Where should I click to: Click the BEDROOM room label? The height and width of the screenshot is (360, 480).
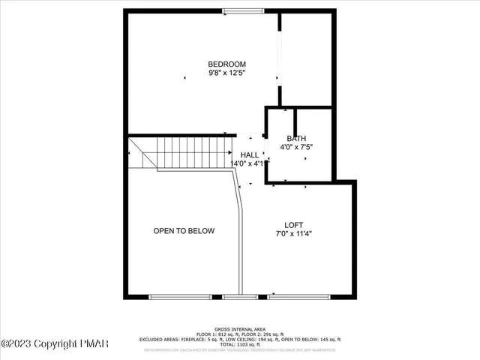click(x=226, y=64)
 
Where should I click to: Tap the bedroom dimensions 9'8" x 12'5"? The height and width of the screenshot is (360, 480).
click(x=226, y=73)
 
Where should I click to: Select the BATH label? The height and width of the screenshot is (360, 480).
click(x=296, y=138)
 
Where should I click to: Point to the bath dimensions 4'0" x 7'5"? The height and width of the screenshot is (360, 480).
click(x=296, y=147)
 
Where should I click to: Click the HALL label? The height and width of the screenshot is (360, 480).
click(x=250, y=154)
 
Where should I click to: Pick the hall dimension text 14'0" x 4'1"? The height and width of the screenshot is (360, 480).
click(x=250, y=163)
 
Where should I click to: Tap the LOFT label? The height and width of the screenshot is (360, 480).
click(x=293, y=224)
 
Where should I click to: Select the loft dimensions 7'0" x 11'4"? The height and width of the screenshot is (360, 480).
click(x=293, y=233)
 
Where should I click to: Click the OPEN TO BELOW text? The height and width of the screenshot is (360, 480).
click(x=184, y=231)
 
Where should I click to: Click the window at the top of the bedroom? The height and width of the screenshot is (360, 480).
click(x=242, y=10)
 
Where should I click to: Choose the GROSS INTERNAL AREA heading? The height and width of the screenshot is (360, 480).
click(x=240, y=328)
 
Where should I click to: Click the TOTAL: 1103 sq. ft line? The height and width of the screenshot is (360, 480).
click(x=240, y=343)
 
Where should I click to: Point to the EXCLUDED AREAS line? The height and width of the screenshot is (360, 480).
click(x=240, y=338)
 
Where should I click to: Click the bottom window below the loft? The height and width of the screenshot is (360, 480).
click(x=297, y=296)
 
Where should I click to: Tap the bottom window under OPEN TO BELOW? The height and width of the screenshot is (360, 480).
click(x=180, y=296)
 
